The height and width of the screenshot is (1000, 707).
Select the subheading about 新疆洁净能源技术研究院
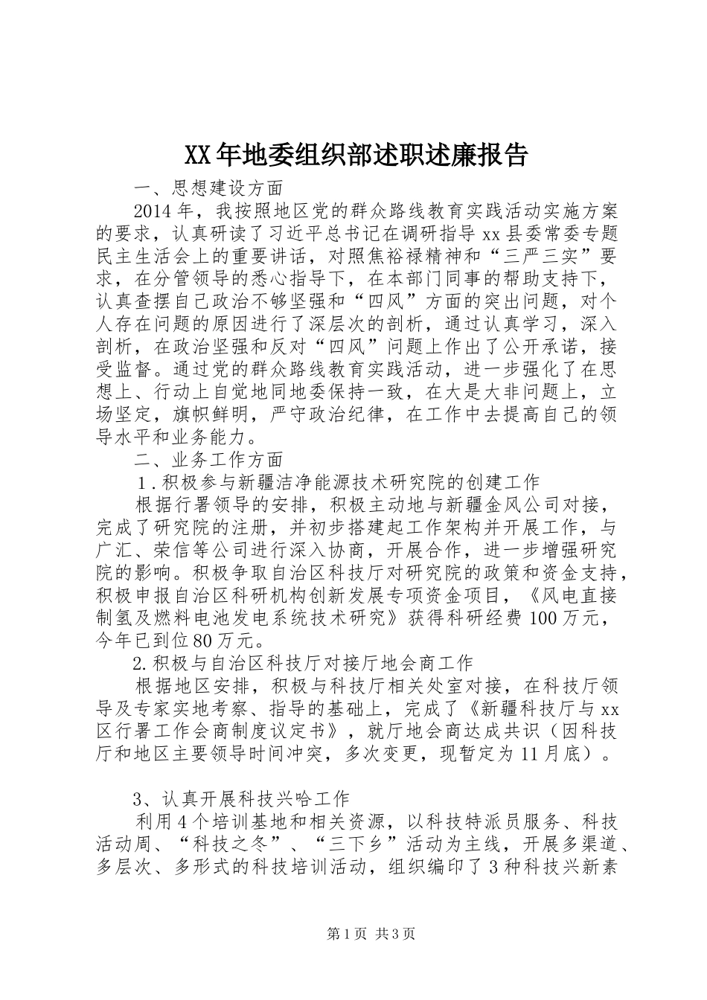(339, 481)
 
